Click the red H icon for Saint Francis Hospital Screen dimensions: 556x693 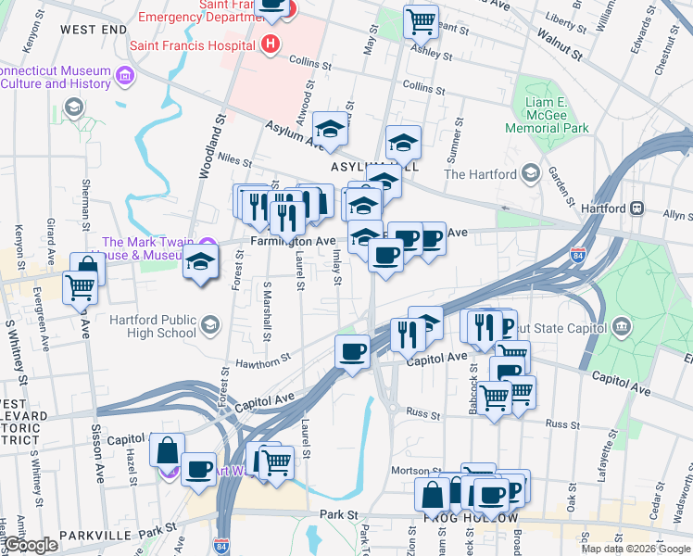[271, 43]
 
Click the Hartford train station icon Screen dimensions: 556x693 [637, 208]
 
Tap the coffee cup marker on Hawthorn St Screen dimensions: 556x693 [352, 352]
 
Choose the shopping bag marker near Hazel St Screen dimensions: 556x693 [168, 451]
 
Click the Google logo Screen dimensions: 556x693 [31, 546]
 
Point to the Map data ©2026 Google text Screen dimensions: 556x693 [636, 549]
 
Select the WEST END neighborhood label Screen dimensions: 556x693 [93, 30]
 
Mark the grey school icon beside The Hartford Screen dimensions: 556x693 [530, 173]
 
